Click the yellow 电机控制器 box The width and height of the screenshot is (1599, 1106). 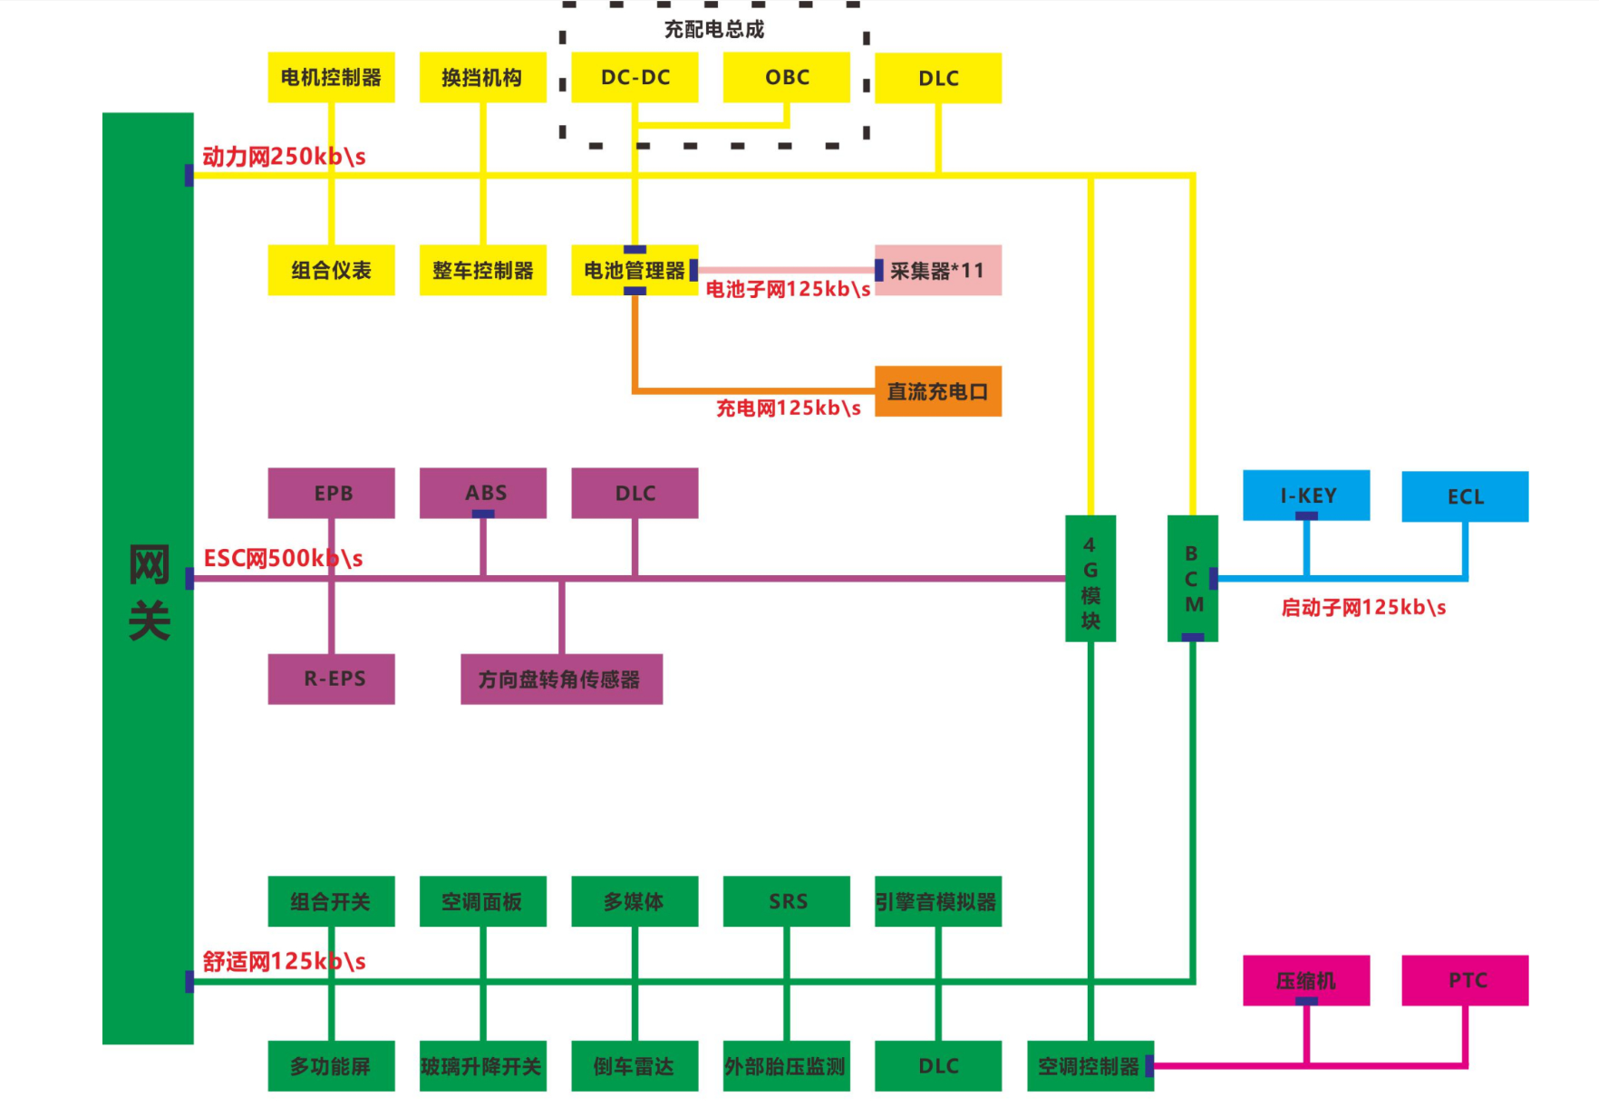(x=331, y=78)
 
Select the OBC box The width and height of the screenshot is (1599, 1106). (x=786, y=78)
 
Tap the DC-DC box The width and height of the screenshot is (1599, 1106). (x=635, y=78)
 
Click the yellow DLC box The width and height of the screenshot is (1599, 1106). (x=937, y=79)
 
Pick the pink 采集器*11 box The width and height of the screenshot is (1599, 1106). (x=937, y=270)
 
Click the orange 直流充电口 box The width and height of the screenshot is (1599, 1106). (x=937, y=391)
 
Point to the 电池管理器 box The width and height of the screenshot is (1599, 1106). (x=635, y=270)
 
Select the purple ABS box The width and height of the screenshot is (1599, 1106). (x=483, y=493)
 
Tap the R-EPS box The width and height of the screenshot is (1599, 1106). (x=331, y=678)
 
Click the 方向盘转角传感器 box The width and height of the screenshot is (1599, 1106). (x=561, y=678)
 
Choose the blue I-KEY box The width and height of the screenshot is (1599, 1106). (x=1305, y=495)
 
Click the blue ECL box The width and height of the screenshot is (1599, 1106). (x=1464, y=496)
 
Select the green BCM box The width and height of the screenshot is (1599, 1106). (x=1192, y=578)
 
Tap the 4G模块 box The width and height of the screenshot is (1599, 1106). (x=1090, y=578)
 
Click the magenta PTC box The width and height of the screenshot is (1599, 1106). (x=1464, y=980)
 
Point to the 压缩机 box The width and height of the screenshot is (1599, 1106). (x=1305, y=980)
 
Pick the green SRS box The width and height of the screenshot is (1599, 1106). (x=786, y=901)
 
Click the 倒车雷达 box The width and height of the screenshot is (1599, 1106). (x=635, y=1066)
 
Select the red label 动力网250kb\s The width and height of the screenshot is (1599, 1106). (x=284, y=157)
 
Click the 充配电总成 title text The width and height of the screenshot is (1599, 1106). (x=713, y=30)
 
